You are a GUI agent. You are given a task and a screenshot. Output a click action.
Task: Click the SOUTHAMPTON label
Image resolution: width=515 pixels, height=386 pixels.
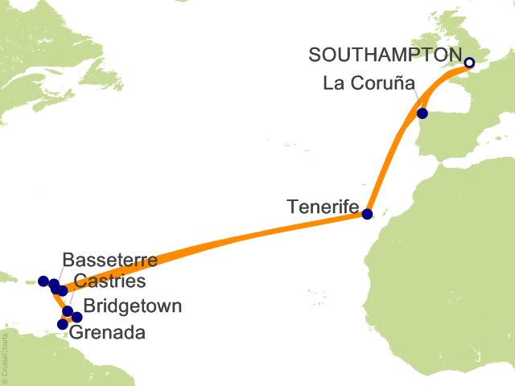[x=385, y=55]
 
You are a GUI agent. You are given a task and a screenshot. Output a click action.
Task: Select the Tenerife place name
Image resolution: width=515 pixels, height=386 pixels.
[x=322, y=207]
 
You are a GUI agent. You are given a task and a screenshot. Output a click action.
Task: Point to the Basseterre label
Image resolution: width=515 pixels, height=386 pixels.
[x=109, y=261]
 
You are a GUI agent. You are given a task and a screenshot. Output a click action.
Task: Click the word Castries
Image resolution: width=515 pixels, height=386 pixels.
[x=109, y=281]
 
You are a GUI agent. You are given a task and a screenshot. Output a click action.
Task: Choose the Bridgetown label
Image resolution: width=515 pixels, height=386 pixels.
[x=133, y=306]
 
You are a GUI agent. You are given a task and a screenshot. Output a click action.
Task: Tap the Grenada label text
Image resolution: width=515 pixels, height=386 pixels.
[x=108, y=332]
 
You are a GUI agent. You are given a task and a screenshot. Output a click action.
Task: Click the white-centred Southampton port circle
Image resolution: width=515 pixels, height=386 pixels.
[x=470, y=62]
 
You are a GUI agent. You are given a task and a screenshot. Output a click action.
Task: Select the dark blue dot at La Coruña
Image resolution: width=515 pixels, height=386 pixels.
[x=422, y=113]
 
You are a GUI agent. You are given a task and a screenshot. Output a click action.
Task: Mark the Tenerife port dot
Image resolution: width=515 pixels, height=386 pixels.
[x=367, y=214]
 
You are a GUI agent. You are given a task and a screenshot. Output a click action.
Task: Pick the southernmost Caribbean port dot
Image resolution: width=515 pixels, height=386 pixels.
[x=62, y=324]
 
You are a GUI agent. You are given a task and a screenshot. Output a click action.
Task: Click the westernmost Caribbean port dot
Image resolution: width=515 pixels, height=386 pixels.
[x=43, y=281]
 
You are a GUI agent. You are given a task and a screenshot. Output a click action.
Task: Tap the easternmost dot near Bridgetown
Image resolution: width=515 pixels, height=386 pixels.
[x=77, y=317]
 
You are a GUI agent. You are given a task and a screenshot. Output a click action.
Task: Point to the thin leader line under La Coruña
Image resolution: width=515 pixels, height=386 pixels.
[x=418, y=101]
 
